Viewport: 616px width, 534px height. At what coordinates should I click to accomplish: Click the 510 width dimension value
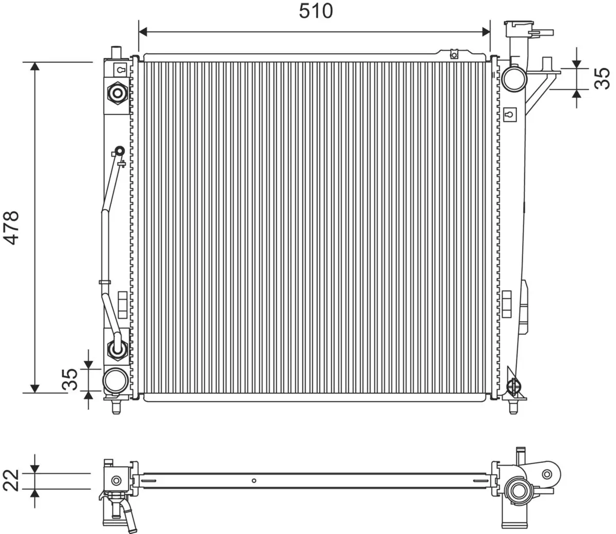(x=316, y=11)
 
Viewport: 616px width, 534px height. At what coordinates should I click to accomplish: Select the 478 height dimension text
(x=11, y=227)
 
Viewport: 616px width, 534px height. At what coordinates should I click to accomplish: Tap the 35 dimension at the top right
(x=602, y=78)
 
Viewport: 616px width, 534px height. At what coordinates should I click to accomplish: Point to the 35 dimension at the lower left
(x=70, y=379)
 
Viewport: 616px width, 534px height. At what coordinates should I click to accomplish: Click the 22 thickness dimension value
(x=12, y=480)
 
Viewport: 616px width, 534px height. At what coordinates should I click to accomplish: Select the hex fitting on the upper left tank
(x=118, y=93)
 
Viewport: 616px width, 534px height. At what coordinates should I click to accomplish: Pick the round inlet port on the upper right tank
(x=514, y=78)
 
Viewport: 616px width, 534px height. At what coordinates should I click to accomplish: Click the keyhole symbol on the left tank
(x=121, y=69)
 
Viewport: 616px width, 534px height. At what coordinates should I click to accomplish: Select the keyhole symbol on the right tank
(x=509, y=114)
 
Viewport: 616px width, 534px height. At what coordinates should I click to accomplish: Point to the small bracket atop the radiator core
(x=453, y=54)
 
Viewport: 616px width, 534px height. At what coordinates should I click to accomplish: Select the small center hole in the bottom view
(x=254, y=481)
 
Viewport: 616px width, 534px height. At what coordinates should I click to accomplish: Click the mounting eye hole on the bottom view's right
(x=548, y=473)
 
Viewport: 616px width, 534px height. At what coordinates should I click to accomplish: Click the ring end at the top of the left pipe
(x=119, y=151)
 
